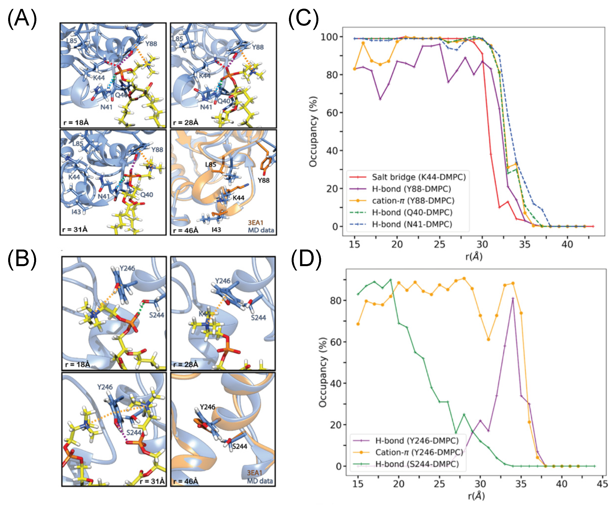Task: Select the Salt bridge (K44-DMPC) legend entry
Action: point(418,177)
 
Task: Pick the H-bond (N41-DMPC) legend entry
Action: point(412,224)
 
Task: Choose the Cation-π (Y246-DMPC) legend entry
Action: point(419,452)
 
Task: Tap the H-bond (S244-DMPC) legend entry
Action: point(417,464)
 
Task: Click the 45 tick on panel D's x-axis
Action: point(602,484)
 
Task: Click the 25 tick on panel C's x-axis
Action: point(439,244)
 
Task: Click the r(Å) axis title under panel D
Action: point(476,496)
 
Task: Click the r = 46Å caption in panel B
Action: point(186,481)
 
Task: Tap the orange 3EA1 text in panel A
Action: point(256,223)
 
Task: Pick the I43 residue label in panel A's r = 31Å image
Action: point(76,212)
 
